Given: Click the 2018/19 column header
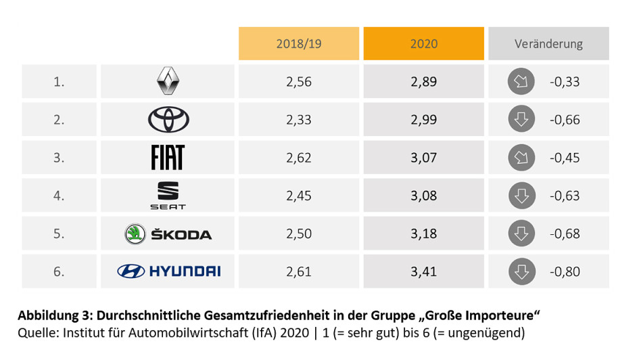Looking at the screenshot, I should (x=299, y=43).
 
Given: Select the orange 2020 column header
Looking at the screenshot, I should (x=423, y=43).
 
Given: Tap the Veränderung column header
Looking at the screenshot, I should (x=548, y=43).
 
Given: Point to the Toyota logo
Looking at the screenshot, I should (x=168, y=120).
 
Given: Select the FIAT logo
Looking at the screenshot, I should (x=168, y=158).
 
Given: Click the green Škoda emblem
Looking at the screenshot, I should (x=135, y=234).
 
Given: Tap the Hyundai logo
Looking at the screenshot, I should (x=168, y=271).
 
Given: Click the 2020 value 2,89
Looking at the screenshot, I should (x=423, y=82).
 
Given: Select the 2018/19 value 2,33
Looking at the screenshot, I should (x=299, y=120).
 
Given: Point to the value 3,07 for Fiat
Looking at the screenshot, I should (x=423, y=158).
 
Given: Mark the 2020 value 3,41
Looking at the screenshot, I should (x=423, y=271).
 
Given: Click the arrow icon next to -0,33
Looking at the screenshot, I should (x=521, y=82).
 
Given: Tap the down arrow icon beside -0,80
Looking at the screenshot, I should (x=521, y=271).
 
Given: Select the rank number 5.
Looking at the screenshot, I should (x=59, y=234).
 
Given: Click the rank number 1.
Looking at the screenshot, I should (x=59, y=82).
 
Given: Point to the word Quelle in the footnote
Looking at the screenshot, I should (x=36, y=332).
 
